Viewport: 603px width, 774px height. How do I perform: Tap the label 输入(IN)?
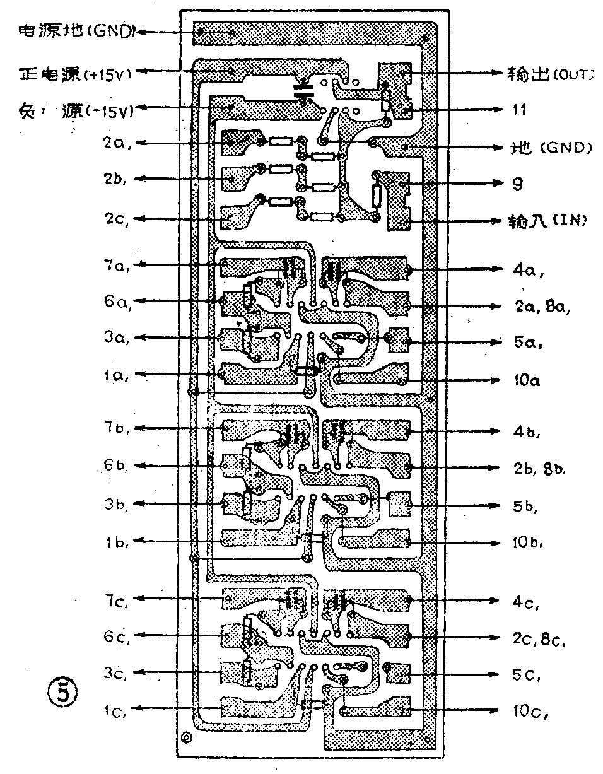pyautogui.click(x=549, y=221)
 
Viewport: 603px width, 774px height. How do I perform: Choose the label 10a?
pyautogui.click(x=527, y=382)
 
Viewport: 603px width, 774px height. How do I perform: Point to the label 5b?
pyautogui.click(x=527, y=507)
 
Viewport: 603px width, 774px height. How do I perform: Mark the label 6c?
pyautogui.click(x=117, y=637)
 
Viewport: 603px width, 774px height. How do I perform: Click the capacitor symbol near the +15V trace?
pyautogui.click(x=305, y=91)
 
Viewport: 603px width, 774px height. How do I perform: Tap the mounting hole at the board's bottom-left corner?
pyautogui.click(x=187, y=737)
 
